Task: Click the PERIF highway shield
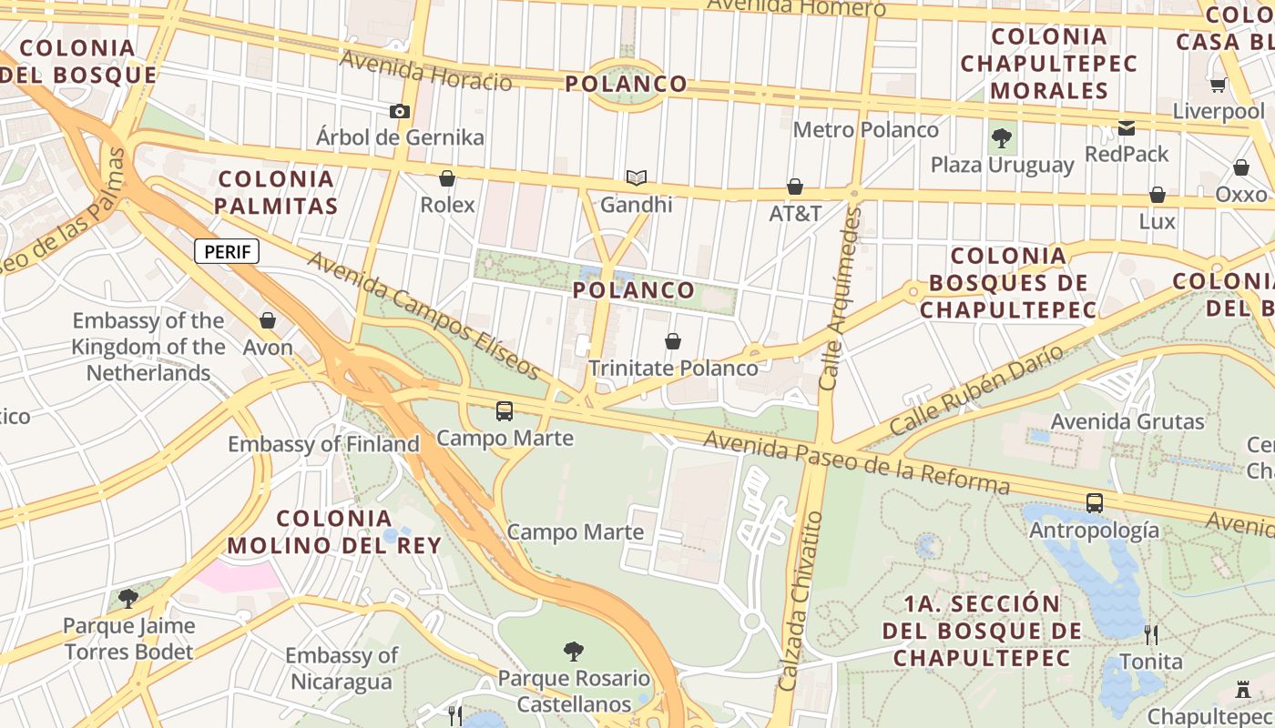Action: click(227, 251)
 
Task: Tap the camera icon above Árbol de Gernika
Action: click(399, 111)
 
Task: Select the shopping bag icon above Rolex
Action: click(447, 178)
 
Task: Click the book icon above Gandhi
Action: click(636, 177)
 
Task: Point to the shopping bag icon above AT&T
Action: click(795, 187)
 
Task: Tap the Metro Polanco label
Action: click(865, 129)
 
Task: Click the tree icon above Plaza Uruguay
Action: click(1002, 138)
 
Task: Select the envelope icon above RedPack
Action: click(1127, 128)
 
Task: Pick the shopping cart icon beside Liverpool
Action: click(1218, 85)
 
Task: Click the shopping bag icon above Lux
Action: click(1157, 195)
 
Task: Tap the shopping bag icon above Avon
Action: click(268, 320)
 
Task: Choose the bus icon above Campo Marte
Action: click(505, 410)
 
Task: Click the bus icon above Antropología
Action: click(1095, 502)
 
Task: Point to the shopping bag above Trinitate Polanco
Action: click(673, 341)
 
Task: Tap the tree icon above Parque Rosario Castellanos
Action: click(574, 651)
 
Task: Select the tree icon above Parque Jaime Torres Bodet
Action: click(128, 598)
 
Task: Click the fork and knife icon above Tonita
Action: click(1151, 634)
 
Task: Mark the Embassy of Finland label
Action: click(323, 444)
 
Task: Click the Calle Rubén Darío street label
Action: click(976, 390)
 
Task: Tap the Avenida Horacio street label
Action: click(426, 71)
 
